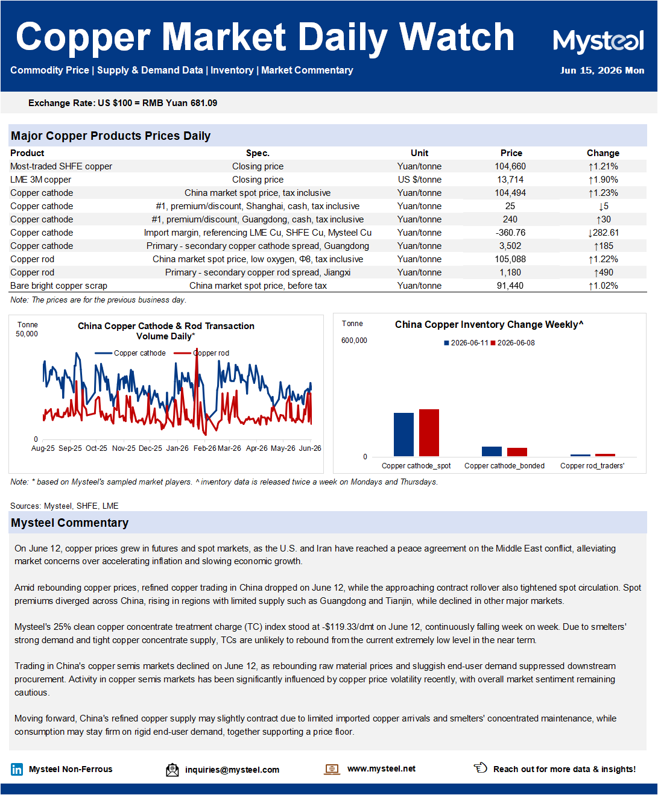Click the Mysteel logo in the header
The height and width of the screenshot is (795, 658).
coord(598,41)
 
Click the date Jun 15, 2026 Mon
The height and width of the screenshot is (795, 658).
coord(602,71)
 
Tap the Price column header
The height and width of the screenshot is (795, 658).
coord(511,153)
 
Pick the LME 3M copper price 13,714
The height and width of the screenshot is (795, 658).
coord(510,180)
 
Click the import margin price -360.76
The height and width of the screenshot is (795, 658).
coord(510,233)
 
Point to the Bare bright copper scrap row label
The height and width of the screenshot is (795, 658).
coord(59,286)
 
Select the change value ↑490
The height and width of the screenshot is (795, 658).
coord(604,272)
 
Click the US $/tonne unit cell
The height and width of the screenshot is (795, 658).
coord(420,180)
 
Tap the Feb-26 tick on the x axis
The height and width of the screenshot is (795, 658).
coord(204,448)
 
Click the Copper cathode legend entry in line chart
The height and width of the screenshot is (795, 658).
coord(130,353)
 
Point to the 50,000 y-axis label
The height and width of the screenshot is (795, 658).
coord(27,334)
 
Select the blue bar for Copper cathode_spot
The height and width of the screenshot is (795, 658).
coord(403,435)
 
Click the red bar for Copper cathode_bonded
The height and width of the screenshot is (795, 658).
coord(517,452)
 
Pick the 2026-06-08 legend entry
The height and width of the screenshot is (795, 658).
coord(513,343)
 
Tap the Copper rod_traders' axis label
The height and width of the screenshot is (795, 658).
coord(592,466)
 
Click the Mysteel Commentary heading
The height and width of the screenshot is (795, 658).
coord(70,523)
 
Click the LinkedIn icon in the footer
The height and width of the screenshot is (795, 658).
coord(17,770)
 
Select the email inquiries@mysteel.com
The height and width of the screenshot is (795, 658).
coord(232,770)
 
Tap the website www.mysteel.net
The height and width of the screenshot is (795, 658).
coord(381,768)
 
